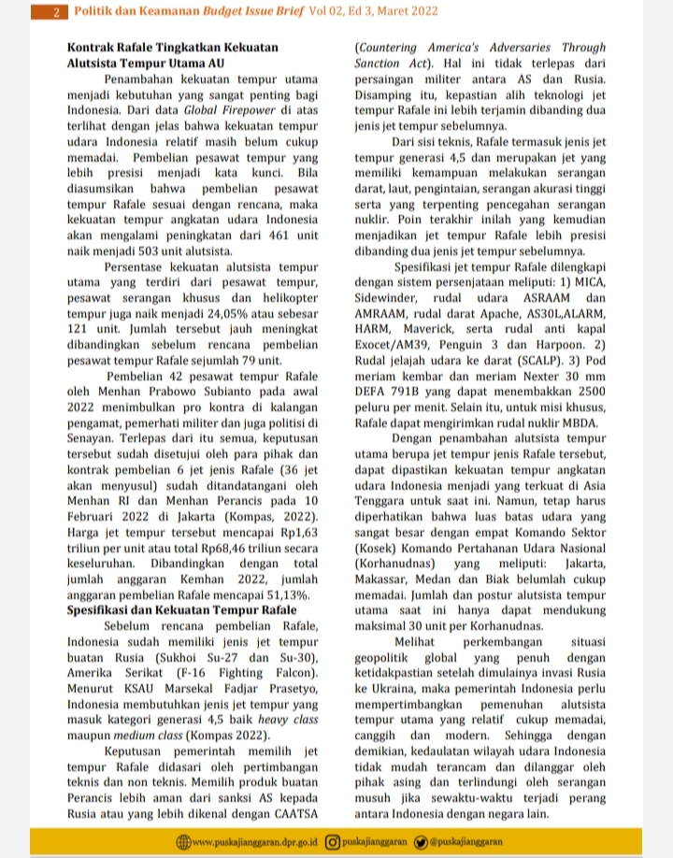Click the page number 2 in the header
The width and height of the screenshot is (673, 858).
tap(57, 13)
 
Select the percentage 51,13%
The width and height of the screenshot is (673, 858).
tap(285, 594)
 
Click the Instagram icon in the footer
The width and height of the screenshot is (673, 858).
tap(334, 842)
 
